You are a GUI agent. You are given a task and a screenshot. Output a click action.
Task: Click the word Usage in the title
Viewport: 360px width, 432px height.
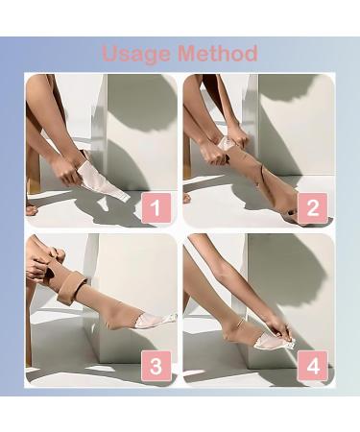click(x=137, y=53)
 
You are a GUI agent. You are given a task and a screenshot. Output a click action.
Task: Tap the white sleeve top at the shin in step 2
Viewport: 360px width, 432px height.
click(x=224, y=144)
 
